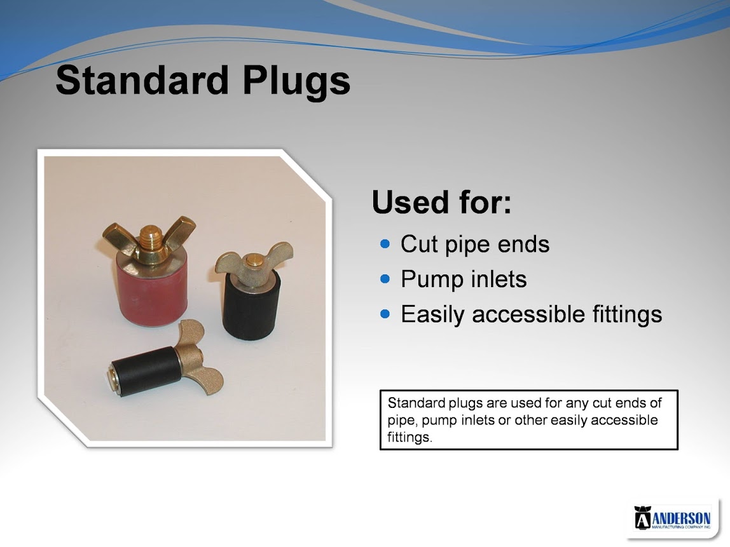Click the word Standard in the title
point(142,80)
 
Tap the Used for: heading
point(441,202)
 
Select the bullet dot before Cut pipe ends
point(385,244)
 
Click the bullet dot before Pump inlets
point(385,279)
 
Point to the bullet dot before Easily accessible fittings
point(385,313)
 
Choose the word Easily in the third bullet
point(433,314)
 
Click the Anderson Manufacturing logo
point(672,518)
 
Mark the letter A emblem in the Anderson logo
point(642,518)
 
